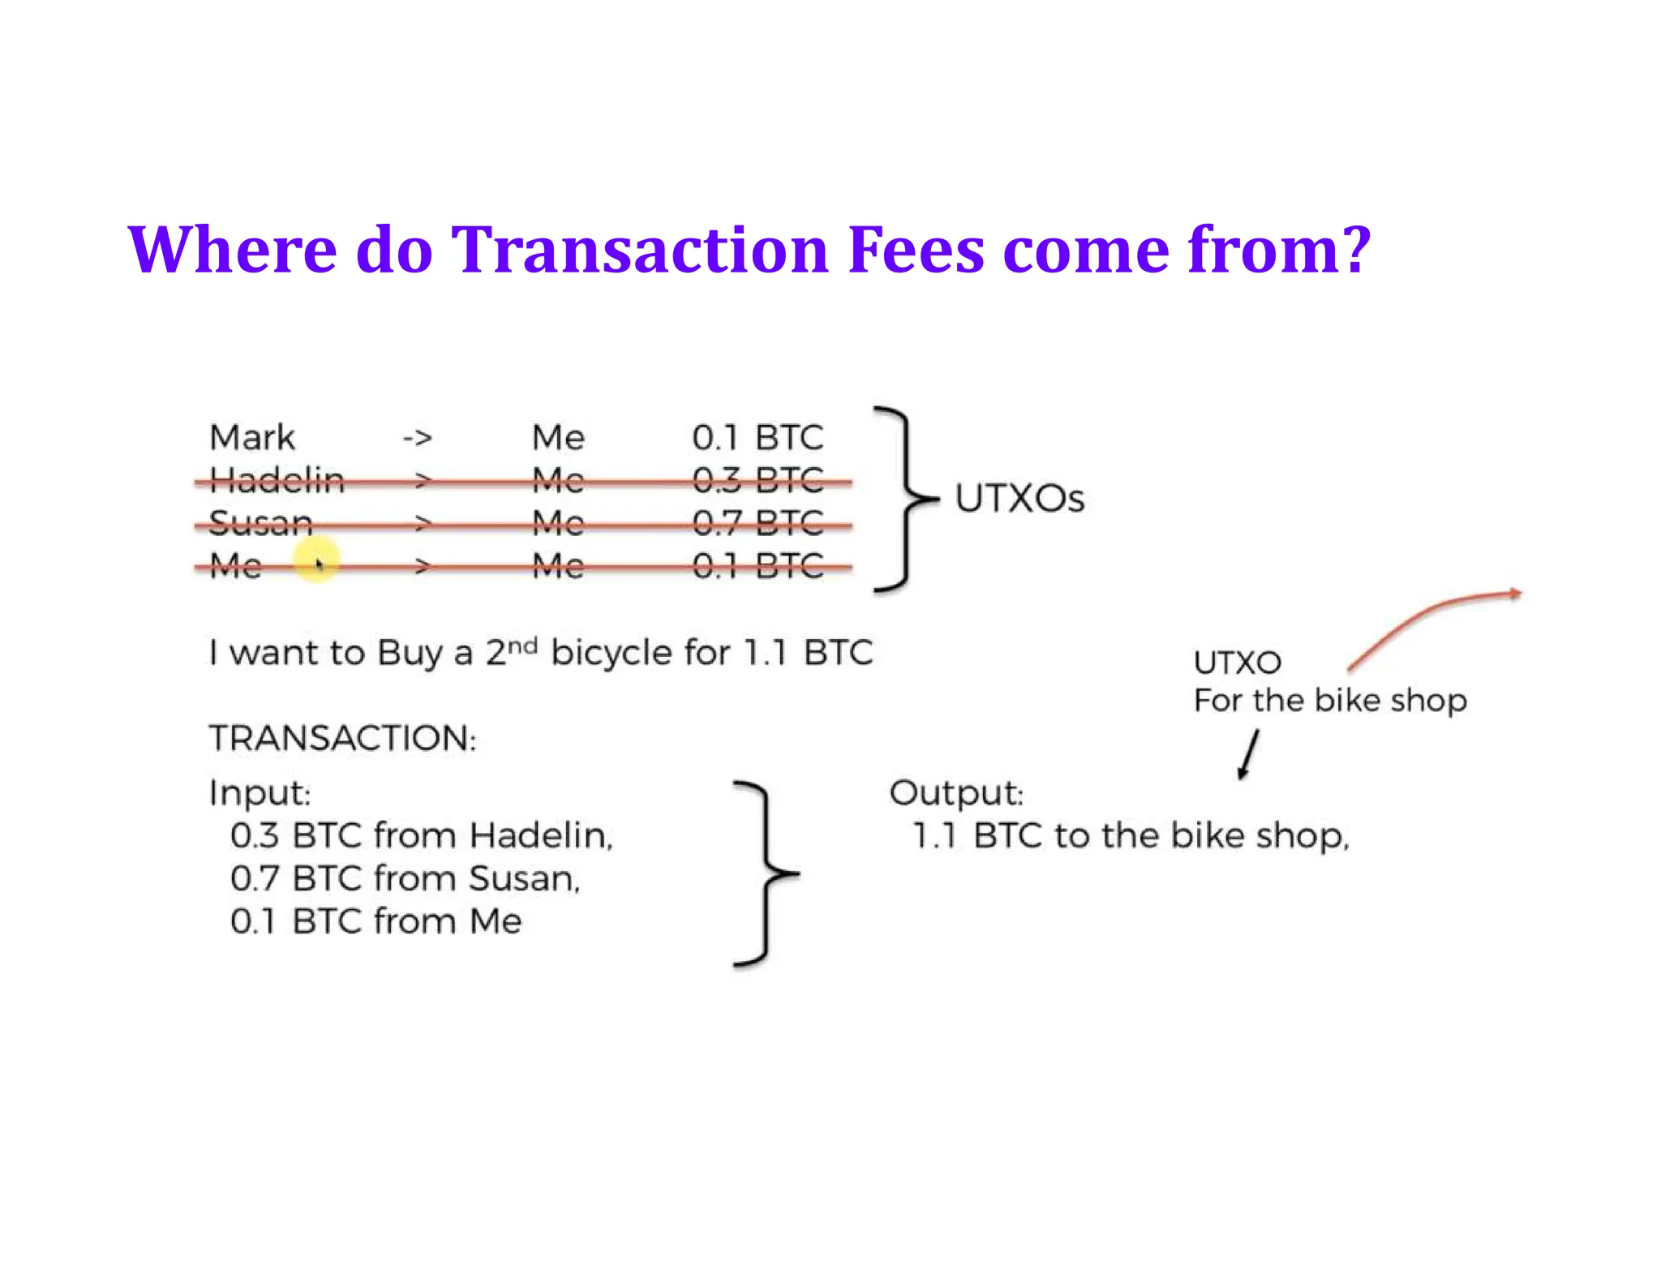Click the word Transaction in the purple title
[x=639, y=249]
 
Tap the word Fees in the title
[x=916, y=249]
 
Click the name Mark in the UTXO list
[x=251, y=438]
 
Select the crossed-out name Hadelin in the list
[x=277, y=481]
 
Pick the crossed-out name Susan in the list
[x=260, y=523]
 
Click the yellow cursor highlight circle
[x=315, y=560]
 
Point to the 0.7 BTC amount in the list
[x=758, y=524]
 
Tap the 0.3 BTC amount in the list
[x=758, y=481]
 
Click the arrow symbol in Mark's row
[x=417, y=439]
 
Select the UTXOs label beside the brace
[x=1019, y=499]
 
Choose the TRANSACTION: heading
[x=342, y=738]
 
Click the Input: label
[x=260, y=792]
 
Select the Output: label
[x=956, y=792]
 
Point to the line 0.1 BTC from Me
[x=376, y=921]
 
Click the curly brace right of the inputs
[x=763, y=874]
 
